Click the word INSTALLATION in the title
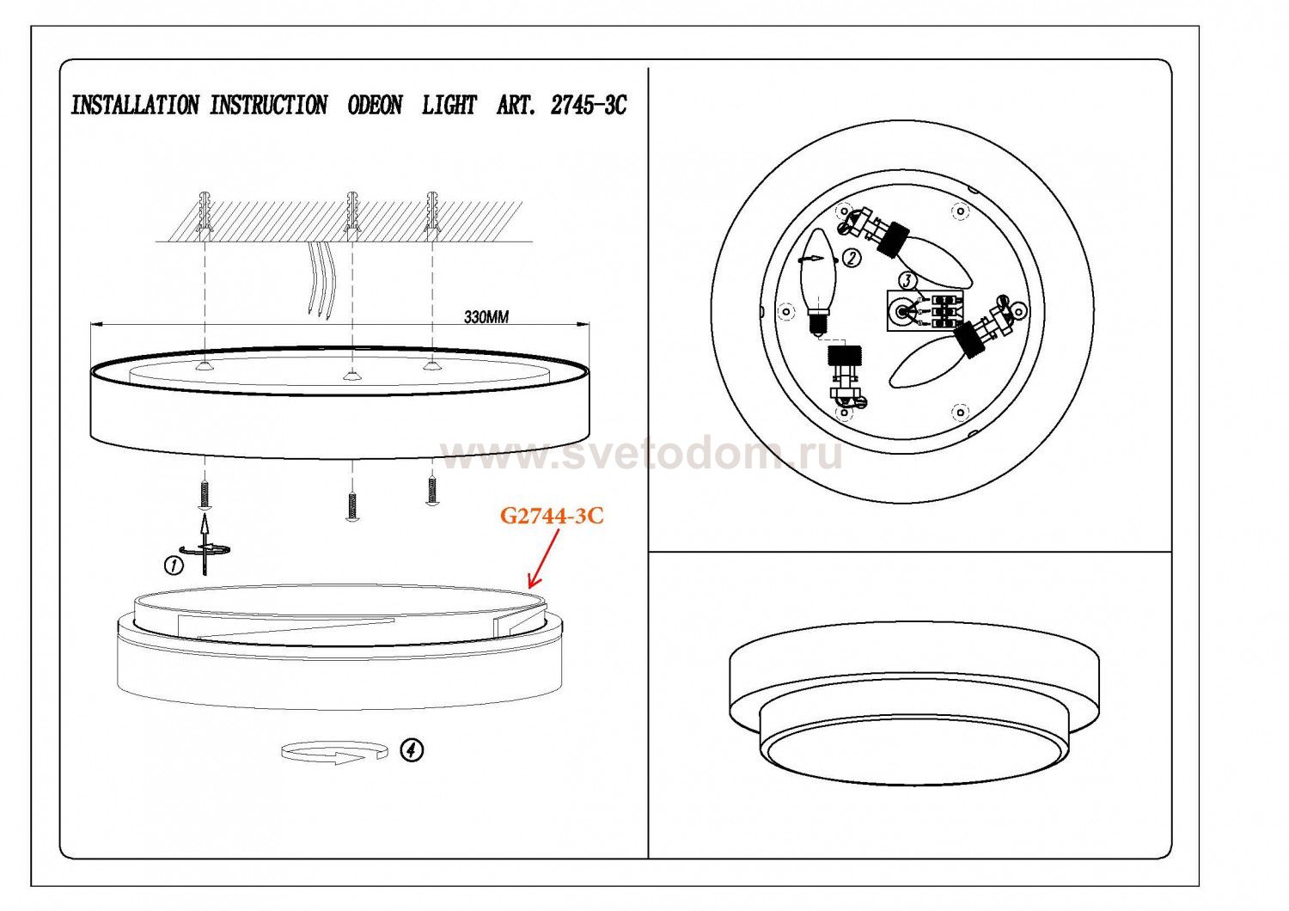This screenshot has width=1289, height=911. [135, 106]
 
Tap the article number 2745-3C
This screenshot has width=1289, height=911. [588, 106]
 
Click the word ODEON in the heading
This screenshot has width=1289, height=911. [375, 106]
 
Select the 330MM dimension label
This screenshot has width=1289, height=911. [486, 317]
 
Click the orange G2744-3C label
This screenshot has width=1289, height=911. [552, 516]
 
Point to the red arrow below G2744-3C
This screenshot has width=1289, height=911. [543, 559]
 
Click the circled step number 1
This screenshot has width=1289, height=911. [174, 566]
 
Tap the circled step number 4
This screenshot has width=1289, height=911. [412, 750]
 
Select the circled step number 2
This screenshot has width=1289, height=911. [852, 257]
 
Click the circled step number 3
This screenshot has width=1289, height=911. [908, 281]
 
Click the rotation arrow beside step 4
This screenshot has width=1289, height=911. [333, 751]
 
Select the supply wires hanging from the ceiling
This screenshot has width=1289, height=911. [321, 278]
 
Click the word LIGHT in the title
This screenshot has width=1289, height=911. [449, 106]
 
